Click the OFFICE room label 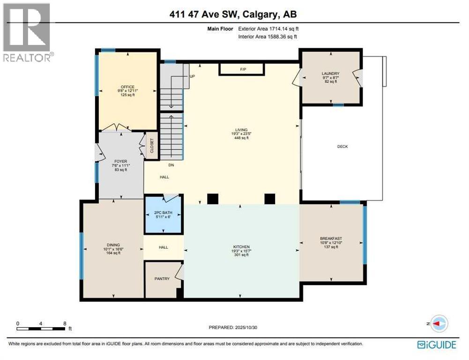127,87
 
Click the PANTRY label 161,279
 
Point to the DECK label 342,147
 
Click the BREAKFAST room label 331,239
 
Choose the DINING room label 113,245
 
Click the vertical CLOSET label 151,146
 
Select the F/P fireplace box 243,69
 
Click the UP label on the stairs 192,76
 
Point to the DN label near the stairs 171,165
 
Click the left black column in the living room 213,199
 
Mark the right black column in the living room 269,199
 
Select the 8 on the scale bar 65,323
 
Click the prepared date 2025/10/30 249,327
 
